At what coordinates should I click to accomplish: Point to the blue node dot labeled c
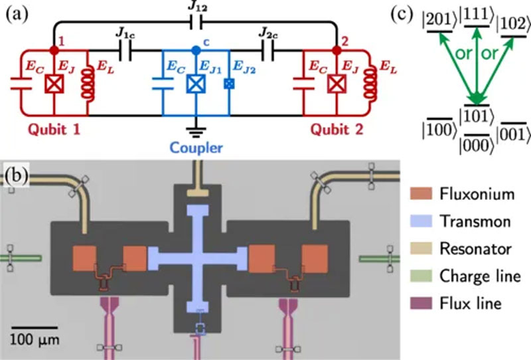196,50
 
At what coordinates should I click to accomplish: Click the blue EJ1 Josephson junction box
196,85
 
